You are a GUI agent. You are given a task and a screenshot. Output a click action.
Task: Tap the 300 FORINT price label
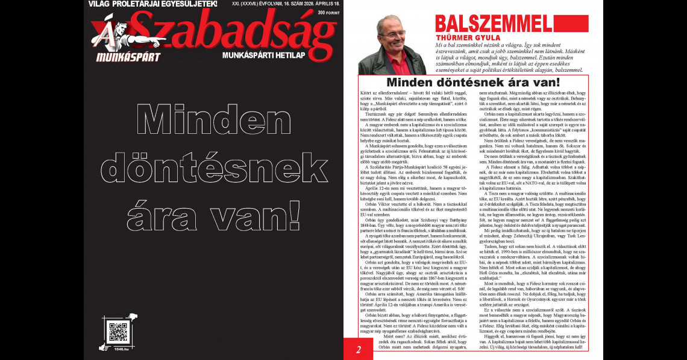click(324, 12)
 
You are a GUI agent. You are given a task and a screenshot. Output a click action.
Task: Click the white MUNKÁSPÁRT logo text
click(128, 58)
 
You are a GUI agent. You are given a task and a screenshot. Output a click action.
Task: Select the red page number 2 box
click(357, 349)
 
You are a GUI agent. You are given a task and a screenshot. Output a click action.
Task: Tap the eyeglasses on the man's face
click(394, 34)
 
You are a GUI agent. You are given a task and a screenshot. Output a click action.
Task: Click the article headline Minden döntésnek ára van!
click(472, 82)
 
